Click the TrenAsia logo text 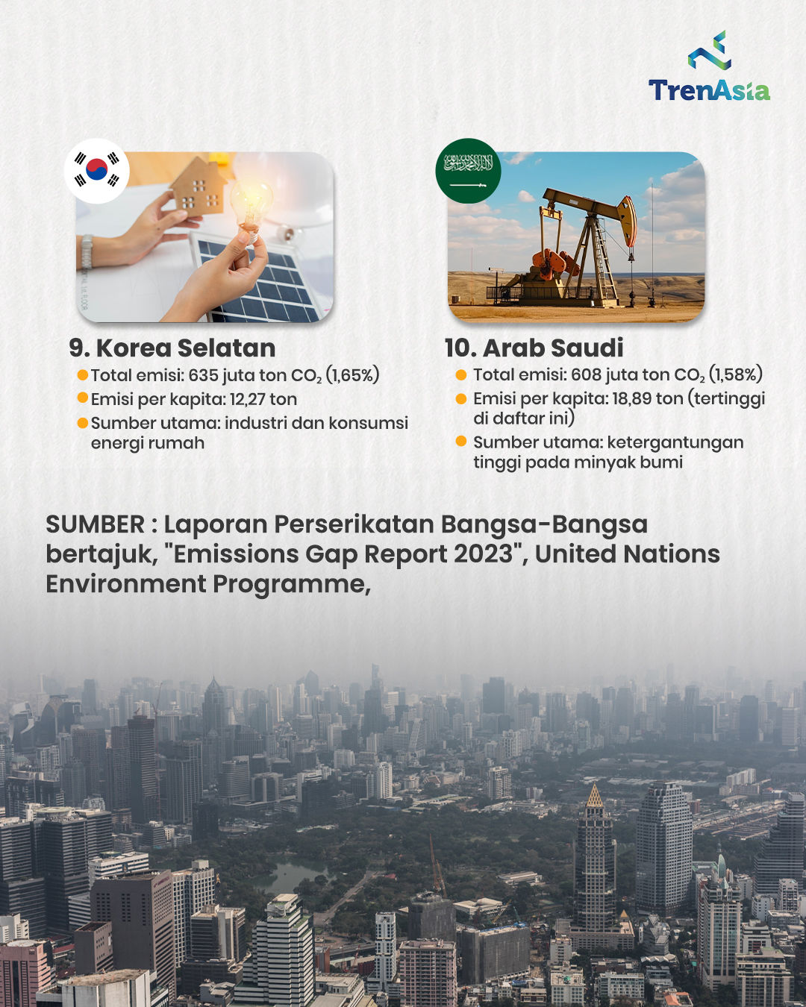pyautogui.click(x=709, y=90)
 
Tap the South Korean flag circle pyautogui.click(x=97, y=171)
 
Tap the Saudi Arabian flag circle pyautogui.click(x=469, y=171)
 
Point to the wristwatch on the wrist pyautogui.click(x=87, y=251)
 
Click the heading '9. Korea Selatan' pyautogui.click(x=172, y=348)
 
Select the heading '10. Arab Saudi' pyautogui.click(x=534, y=348)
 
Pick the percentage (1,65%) pyautogui.click(x=352, y=375)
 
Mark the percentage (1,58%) pyautogui.click(x=735, y=374)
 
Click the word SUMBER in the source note pyautogui.click(x=95, y=524)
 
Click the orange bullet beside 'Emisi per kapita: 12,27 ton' pyautogui.click(x=83, y=398)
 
